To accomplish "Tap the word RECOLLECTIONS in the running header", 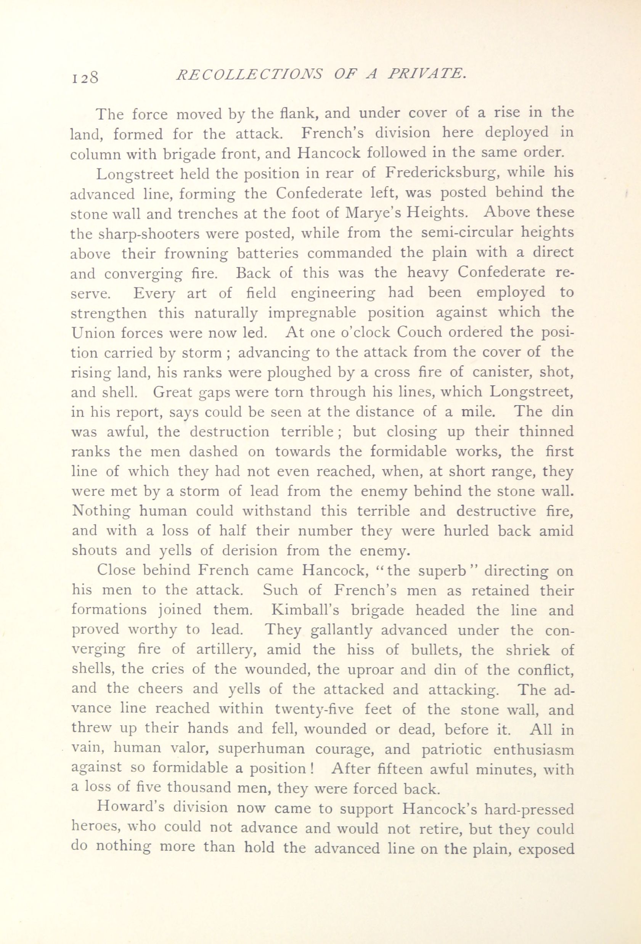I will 248,74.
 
